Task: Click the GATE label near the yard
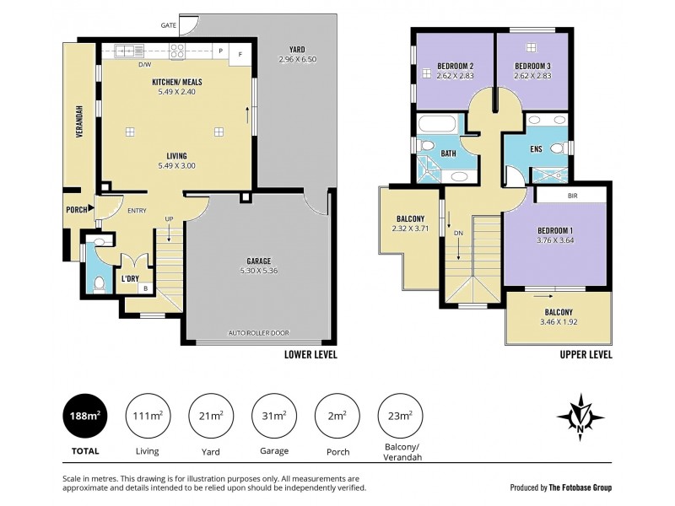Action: (x=169, y=26)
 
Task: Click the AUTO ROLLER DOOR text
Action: (x=256, y=333)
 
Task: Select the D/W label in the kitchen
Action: (x=144, y=64)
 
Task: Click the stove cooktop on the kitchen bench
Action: (x=179, y=51)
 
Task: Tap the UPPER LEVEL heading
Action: (x=586, y=355)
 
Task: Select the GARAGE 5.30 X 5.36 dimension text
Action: (x=258, y=272)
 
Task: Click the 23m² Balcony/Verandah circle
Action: (x=399, y=415)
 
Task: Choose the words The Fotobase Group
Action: (x=580, y=487)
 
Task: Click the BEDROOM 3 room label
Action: (x=532, y=66)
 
